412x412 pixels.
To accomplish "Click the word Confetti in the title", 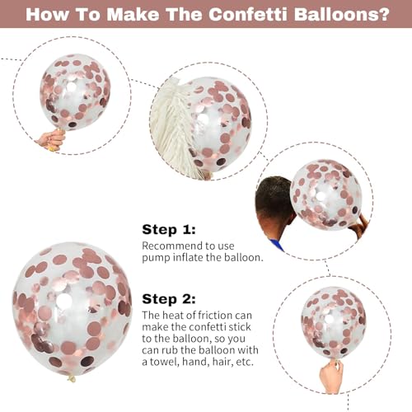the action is tap(248, 14).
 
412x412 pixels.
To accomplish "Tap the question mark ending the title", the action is tap(382, 14).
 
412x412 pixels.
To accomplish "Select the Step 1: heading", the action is tap(169, 229).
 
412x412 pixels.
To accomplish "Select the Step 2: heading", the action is tap(169, 299).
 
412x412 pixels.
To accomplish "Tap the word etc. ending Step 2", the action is tap(245, 362).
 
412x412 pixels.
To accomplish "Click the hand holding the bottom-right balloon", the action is tap(331, 376).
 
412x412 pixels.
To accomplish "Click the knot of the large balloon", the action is tap(72, 378).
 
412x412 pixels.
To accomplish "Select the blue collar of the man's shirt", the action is tap(277, 245).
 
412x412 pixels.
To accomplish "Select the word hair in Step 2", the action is tap(222, 362).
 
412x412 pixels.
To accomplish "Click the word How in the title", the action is tap(47, 14).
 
